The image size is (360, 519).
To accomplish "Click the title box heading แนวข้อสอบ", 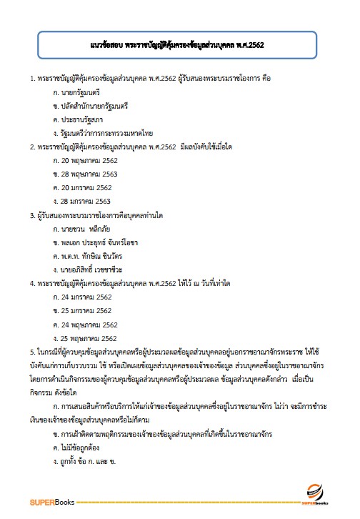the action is coord(179,45).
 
